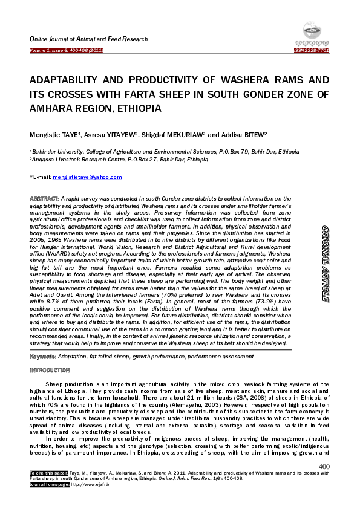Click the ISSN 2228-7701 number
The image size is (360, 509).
[x=312, y=51]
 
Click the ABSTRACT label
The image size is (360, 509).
[x=44, y=198]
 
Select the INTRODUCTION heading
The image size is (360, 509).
[x=51, y=370]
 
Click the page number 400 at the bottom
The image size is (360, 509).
[x=324, y=466]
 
